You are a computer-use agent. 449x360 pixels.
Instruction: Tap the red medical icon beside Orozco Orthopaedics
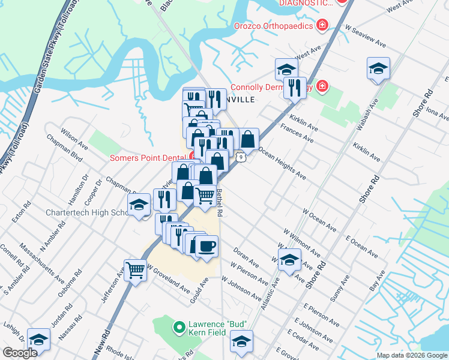click(322, 25)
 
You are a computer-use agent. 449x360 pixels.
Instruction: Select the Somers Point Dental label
click(147, 158)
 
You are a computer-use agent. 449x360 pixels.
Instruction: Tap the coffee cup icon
click(206, 247)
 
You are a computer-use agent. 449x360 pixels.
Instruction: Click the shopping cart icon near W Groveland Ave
click(136, 270)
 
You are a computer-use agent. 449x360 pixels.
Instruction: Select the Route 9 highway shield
click(240, 158)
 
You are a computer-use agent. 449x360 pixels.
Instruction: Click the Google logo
click(20, 353)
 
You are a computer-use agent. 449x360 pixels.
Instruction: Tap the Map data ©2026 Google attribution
click(411, 355)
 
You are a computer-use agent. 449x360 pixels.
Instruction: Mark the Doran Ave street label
click(246, 257)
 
